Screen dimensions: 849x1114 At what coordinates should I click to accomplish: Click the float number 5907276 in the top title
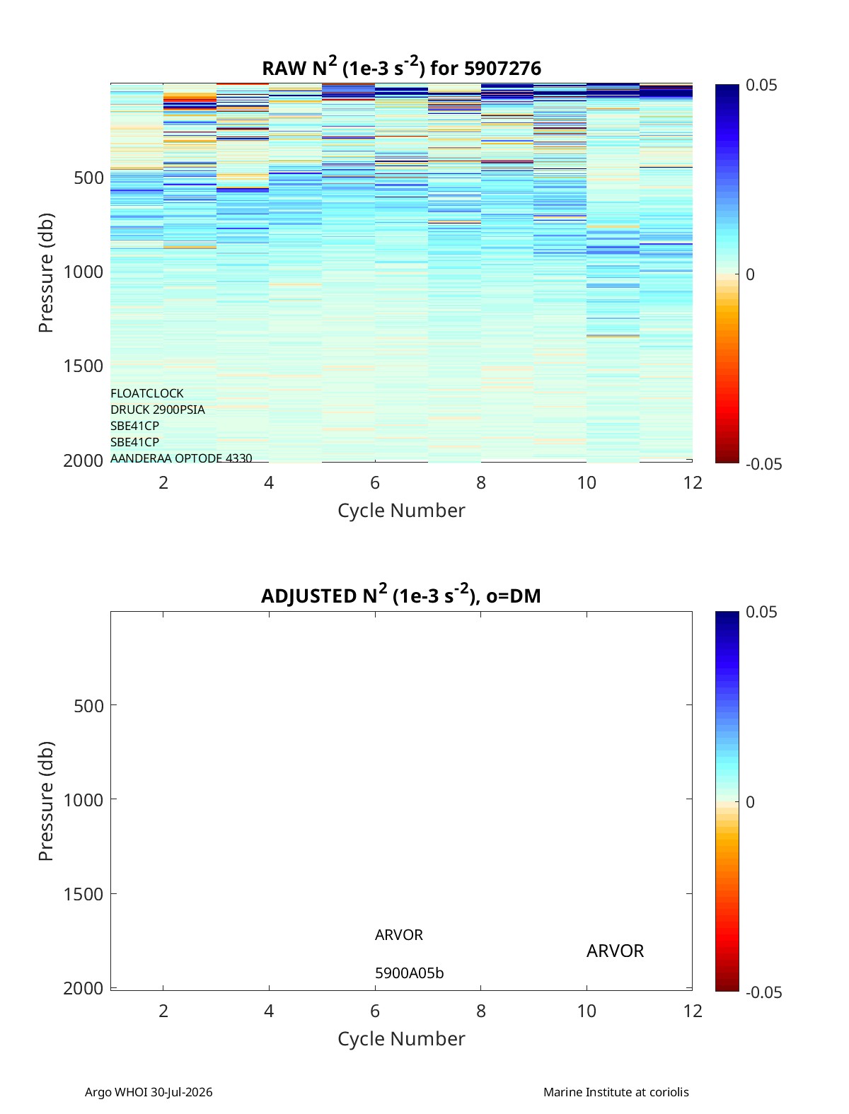click(502, 69)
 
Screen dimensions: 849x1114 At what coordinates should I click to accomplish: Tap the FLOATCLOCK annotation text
click(146, 393)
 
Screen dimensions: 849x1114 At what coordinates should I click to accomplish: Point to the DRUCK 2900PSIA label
click(157, 410)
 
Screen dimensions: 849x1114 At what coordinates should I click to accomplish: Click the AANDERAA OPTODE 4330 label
click(181, 458)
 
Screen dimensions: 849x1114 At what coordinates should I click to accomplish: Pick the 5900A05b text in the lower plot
click(409, 973)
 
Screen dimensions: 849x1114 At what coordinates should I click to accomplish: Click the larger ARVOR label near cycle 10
click(615, 951)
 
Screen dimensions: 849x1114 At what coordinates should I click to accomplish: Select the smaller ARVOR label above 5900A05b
click(398, 935)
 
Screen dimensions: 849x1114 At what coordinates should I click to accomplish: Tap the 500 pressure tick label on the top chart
click(88, 178)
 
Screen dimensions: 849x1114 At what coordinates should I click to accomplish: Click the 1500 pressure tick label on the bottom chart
click(83, 894)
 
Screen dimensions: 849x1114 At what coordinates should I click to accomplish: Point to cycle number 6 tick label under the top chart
click(374, 482)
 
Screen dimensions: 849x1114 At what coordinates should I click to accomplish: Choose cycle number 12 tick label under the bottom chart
click(692, 1011)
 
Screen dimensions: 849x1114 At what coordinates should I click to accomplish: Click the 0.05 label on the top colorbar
click(761, 86)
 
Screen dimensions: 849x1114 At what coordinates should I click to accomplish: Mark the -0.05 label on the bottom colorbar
click(763, 992)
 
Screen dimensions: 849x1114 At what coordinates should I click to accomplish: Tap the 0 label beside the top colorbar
click(750, 274)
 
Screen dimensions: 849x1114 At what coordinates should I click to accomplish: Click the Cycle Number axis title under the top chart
click(401, 511)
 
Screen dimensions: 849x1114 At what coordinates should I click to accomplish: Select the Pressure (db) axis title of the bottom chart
click(46, 801)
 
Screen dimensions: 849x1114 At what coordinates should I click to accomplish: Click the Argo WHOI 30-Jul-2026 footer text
click(149, 1092)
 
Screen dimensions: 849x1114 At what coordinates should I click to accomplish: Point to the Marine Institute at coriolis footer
click(616, 1092)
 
